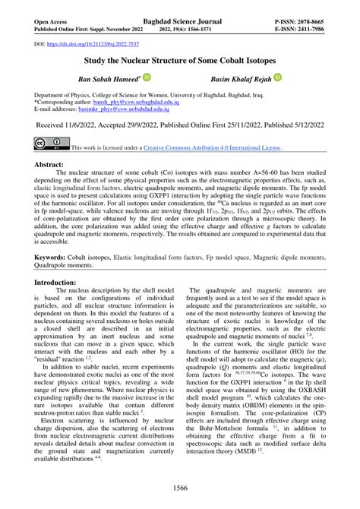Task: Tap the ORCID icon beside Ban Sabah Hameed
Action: [147, 77]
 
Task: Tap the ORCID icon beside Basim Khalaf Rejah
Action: [278, 77]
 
